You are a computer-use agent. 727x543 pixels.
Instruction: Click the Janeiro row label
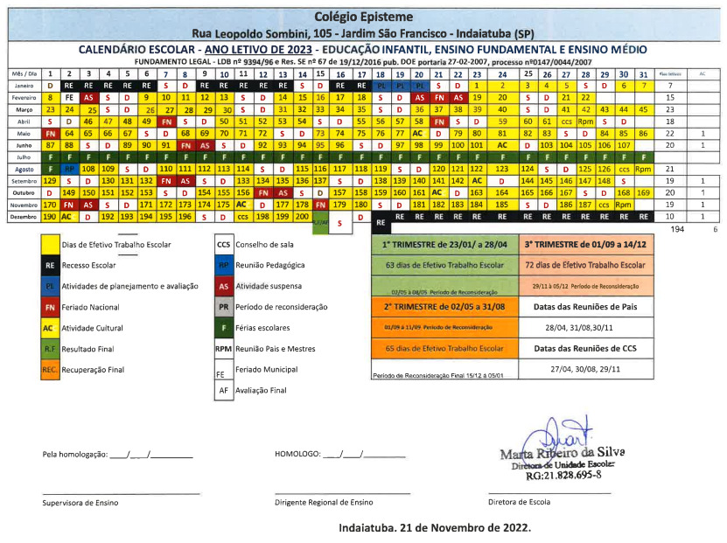(x=24, y=87)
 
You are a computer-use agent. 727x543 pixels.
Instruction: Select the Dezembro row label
(x=23, y=216)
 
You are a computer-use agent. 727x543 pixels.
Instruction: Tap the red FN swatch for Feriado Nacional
(x=51, y=308)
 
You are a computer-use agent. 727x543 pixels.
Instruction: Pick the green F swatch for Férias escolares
(x=223, y=330)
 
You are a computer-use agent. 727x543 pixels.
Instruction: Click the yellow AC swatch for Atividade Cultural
(x=51, y=330)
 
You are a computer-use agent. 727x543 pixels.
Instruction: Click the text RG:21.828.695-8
(x=563, y=476)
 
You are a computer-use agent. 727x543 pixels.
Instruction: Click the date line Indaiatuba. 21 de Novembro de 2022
(x=434, y=529)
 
